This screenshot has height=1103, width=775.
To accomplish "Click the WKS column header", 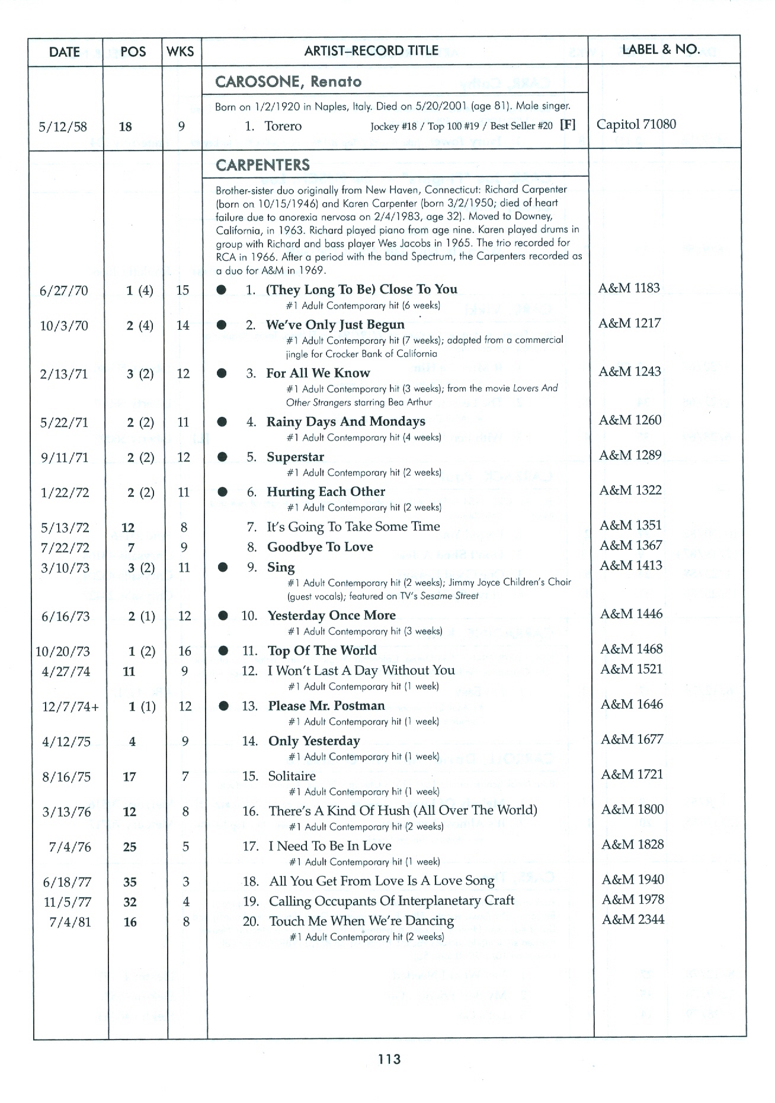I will click(x=180, y=51).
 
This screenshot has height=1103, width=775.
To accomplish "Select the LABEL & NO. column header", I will click(x=661, y=49).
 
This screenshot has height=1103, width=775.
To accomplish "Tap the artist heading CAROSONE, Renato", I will click(x=288, y=82).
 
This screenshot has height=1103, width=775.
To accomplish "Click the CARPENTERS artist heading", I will click(x=262, y=165).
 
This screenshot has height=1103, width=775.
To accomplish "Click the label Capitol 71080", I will click(x=636, y=125).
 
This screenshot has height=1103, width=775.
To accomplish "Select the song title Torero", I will click(x=283, y=126).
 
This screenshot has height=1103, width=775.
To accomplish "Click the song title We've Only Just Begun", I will click(x=335, y=325).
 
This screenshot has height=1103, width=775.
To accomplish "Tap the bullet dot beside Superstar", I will click(x=222, y=457).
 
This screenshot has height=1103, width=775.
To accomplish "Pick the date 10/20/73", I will click(x=63, y=652).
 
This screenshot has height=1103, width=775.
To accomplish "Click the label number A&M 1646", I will click(x=632, y=704).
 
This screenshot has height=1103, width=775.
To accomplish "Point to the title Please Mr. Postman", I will click(x=326, y=706).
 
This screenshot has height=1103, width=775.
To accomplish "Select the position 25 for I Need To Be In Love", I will click(x=130, y=847).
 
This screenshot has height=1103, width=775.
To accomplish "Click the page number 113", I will click(x=388, y=1059).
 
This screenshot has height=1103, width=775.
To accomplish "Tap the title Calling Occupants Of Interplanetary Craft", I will click(x=391, y=901).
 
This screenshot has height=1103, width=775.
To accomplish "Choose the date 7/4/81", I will click(x=68, y=922).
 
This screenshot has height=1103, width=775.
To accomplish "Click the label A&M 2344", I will click(x=633, y=920).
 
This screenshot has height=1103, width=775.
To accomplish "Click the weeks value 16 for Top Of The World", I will click(x=185, y=651).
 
